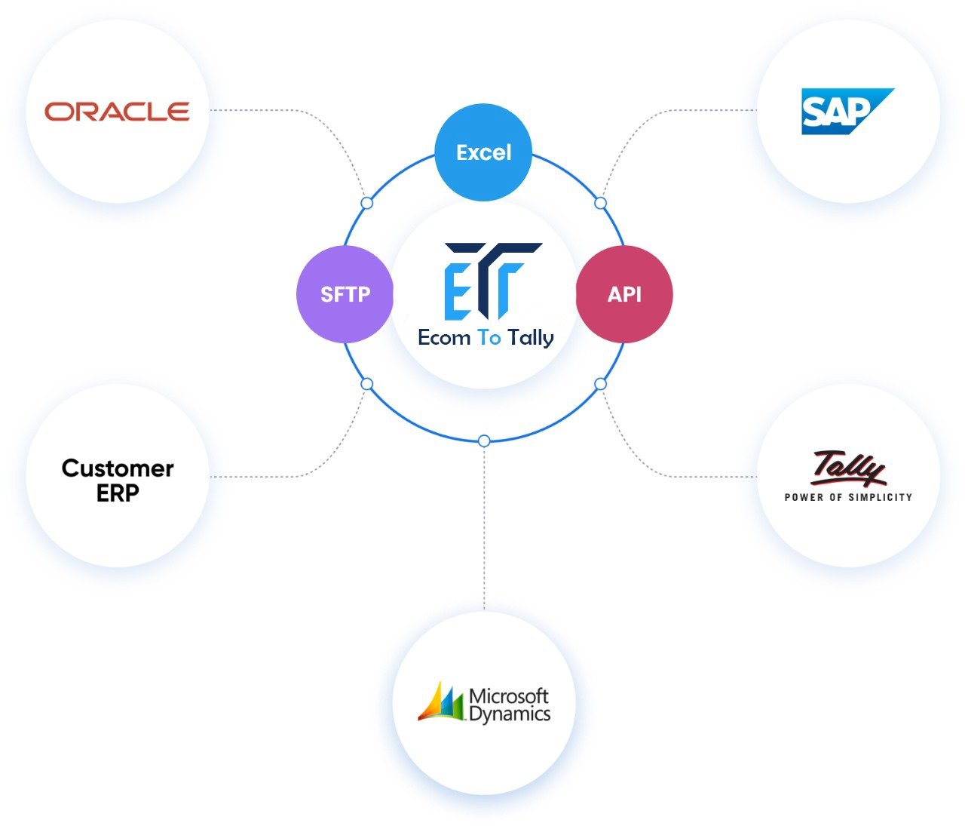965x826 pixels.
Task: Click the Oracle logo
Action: coord(117,111)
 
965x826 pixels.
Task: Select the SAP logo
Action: coord(847,111)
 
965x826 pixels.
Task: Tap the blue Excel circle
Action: coord(483,152)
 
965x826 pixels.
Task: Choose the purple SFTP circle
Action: coord(345,294)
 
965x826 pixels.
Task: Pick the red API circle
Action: coord(624,294)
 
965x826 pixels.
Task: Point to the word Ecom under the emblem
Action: coord(444,337)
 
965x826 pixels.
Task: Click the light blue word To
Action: coord(489,337)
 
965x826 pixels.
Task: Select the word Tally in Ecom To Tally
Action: coord(531,338)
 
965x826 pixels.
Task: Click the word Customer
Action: coord(118,468)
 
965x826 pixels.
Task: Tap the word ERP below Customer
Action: coord(118,493)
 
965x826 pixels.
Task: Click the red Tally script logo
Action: coord(848,468)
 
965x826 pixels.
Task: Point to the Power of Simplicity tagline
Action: coord(848,498)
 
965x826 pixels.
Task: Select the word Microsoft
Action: coord(509,696)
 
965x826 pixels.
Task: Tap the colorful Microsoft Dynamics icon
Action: coord(441,702)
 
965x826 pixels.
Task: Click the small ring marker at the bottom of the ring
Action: coord(484,441)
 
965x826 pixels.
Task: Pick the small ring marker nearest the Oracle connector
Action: coord(367,203)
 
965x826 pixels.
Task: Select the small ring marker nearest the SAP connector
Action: coord(600,203)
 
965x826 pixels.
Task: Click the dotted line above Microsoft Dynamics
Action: coord(484,528)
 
